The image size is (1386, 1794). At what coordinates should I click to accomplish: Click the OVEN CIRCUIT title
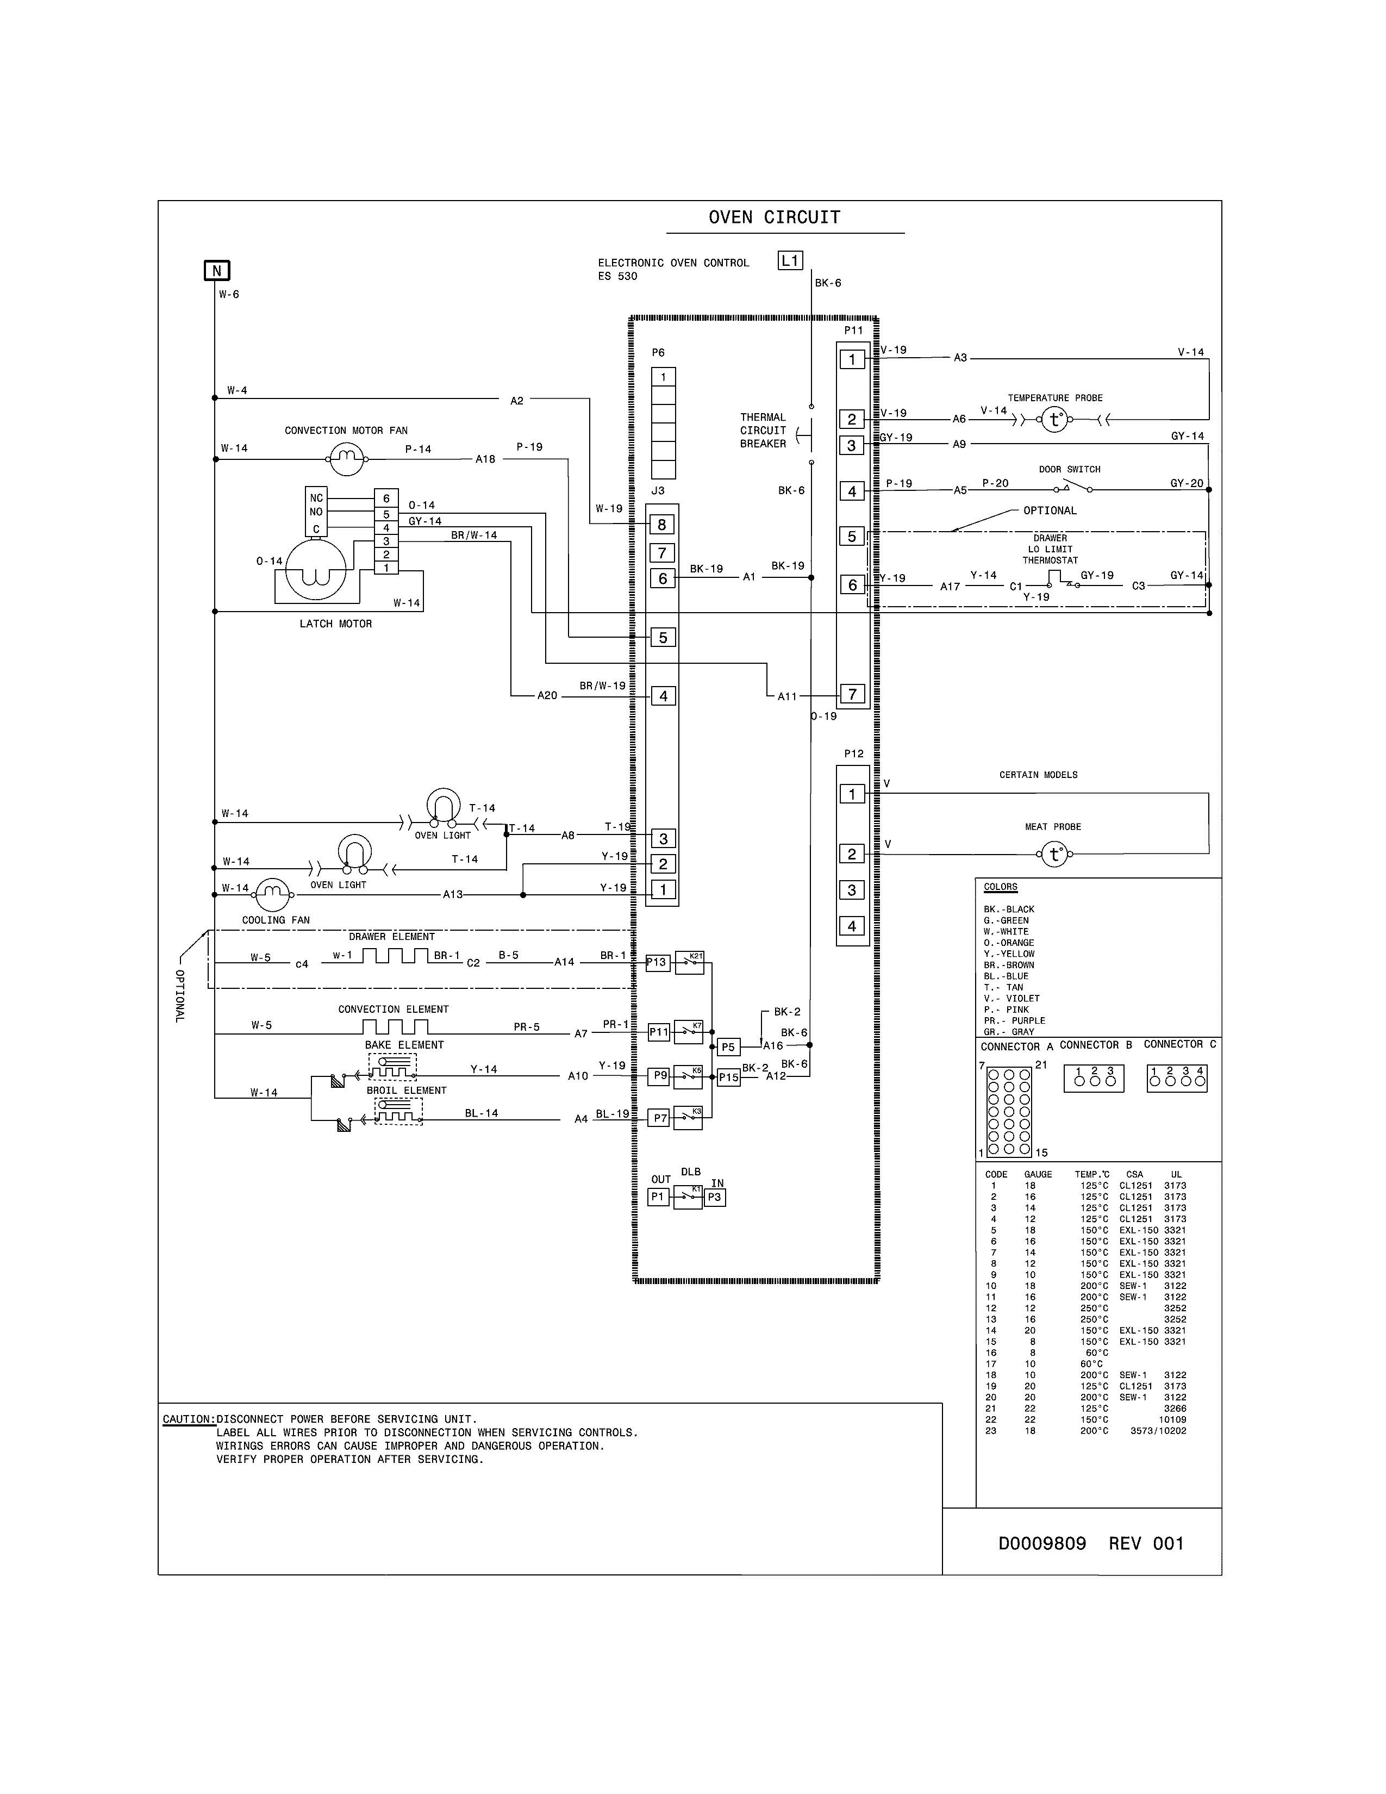coord(775,217)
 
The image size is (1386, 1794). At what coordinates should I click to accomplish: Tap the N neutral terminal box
coord(217,271)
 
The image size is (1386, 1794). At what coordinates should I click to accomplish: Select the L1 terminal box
coord(790,260)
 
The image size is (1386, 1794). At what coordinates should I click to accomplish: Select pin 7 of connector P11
coord(852,694)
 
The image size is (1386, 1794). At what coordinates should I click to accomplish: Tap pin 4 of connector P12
coord(852,926)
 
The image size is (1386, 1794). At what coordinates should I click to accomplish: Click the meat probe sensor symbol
coord(1054,855)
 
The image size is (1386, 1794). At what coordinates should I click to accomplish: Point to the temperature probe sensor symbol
coord(1055,421)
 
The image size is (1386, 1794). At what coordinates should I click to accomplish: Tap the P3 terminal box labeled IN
coord(714,1198)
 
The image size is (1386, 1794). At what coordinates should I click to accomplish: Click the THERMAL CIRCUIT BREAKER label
coord(763,431)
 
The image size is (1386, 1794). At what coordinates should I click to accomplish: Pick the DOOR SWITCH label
coord(1069,470)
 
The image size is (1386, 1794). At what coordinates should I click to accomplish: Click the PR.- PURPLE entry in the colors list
coord(1014,1021)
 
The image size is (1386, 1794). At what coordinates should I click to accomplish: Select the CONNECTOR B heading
coord(1095,1045)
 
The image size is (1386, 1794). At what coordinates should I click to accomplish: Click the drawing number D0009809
coord(1042,1543)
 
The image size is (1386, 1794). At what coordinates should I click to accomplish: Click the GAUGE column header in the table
coord(1038,1175)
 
